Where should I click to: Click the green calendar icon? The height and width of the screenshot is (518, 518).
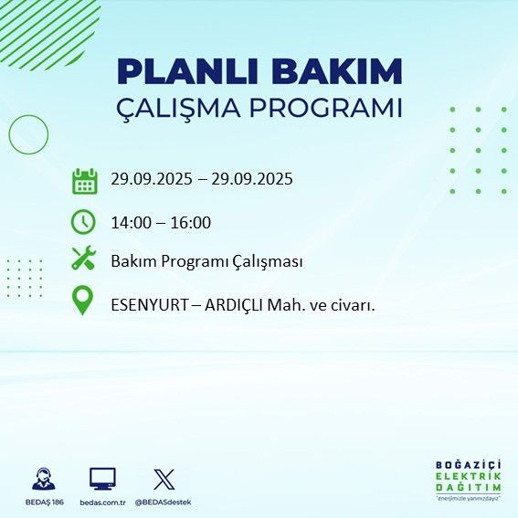click(x=84, y=181)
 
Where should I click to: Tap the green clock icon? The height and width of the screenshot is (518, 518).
click(x=83, y=221)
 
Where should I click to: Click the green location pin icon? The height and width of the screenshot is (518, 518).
click(x=83, y=301)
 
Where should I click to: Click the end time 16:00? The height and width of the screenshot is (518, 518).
click(x=192, y=222)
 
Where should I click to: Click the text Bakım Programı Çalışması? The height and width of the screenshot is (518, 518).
click(x=206, y=261)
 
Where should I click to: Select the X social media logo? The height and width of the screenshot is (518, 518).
click(x=164, y=479)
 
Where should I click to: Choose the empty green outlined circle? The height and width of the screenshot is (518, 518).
click(x=27, y=134)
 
